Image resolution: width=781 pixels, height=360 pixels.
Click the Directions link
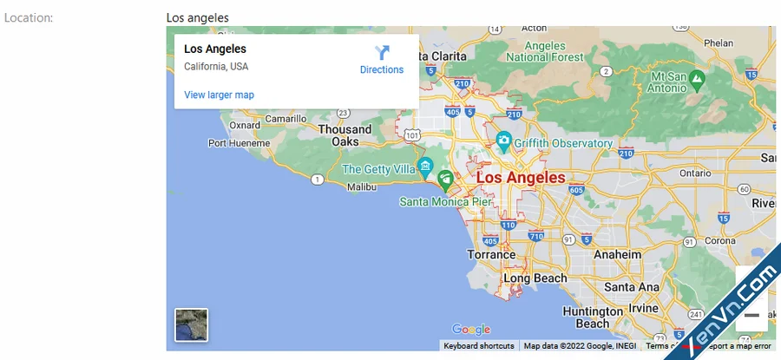(x=382, y=61)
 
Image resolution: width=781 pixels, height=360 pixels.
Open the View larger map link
(x=219, y=95)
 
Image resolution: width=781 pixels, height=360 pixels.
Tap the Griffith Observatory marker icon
(x=503, y=141)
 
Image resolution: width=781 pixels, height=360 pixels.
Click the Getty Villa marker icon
(x=424, y=165)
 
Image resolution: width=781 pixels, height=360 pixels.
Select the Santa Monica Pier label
(x=446, y=201)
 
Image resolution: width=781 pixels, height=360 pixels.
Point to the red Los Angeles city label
(x=521, y=178)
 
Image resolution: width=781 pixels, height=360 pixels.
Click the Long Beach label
(x=535, y=278)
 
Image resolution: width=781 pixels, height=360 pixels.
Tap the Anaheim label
(x=617, y=254)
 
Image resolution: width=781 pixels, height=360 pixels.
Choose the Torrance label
(x=492, y=255)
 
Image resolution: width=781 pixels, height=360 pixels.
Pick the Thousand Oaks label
(x=345, y=135)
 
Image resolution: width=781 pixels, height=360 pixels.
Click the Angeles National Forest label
(x=545, y=51)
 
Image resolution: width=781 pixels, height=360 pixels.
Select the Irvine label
(x=644, y=309)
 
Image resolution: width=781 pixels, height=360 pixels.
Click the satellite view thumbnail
(x=192, y=325)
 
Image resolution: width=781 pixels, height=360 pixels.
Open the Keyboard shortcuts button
(x=479, y=346)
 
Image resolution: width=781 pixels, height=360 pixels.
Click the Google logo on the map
(x=471, y=330)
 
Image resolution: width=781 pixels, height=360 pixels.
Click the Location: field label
(x=29, y=17)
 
